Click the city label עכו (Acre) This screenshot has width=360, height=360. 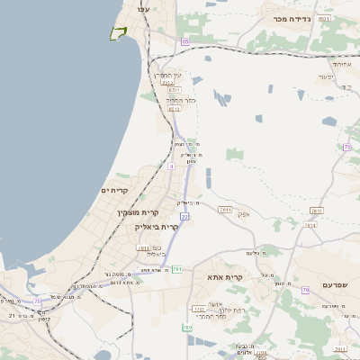pos(142,8)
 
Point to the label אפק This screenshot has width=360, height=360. pos(242,214)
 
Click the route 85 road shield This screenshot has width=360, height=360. pos(185,41)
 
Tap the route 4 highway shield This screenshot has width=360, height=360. pos(170,166)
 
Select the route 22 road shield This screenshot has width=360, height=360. pos(184,216)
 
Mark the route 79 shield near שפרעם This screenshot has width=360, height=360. pos(306,290)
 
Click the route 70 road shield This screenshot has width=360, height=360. pos(346,147)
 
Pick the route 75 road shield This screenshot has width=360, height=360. pos(37,301)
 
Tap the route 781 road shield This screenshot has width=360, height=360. pos(143,247)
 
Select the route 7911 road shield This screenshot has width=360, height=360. pos(225,210)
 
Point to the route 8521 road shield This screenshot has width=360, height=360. pos(324,18)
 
